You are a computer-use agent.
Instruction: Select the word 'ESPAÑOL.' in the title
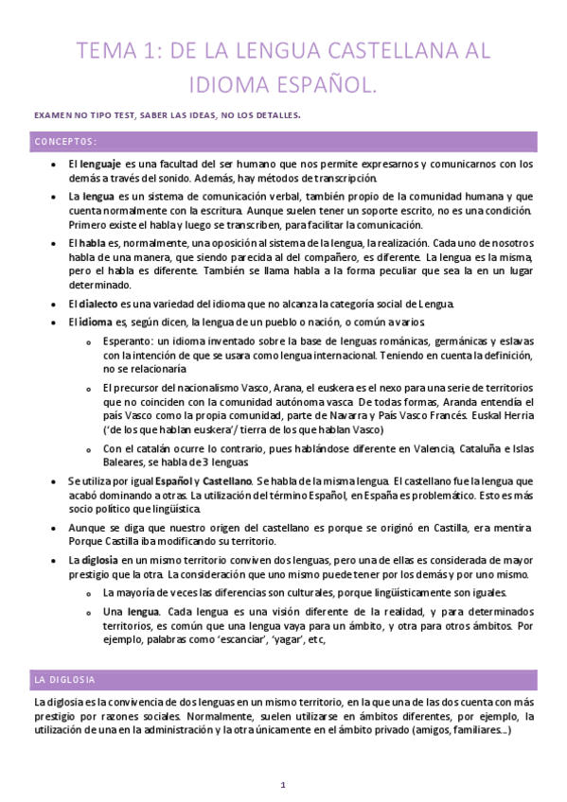pos(324,86)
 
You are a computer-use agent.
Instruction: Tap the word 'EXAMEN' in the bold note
pos(54,116)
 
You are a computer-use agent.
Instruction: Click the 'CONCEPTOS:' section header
pos(65,142)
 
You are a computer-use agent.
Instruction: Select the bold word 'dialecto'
pos(98,304)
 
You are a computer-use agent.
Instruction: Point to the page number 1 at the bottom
pos(283,785)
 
